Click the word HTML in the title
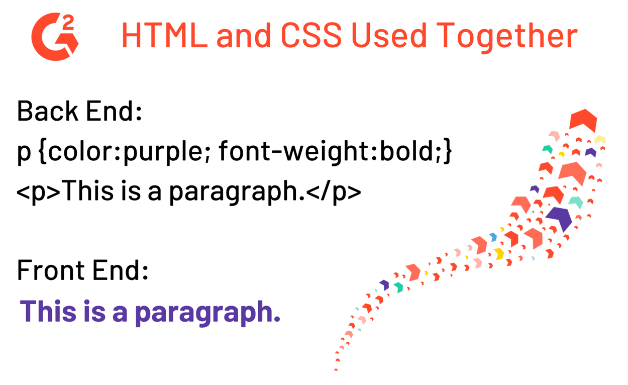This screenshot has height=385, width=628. [165, 36]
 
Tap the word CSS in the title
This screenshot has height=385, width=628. [311, 36]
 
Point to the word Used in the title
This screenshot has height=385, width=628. [389, 35]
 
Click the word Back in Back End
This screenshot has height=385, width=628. [48, 111]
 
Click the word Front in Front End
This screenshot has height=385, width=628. [51, 270]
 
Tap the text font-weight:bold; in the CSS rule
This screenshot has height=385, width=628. [330, 151]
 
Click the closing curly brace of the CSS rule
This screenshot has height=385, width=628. [447, 151]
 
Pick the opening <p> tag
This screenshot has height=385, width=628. [38, 191]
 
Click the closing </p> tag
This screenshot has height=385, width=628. [334, 191]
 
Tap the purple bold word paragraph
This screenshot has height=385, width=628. [208, 313]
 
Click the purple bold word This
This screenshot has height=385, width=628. [48, 311]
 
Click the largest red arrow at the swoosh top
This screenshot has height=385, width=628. [583, 120]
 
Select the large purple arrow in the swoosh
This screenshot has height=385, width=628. [559, 219]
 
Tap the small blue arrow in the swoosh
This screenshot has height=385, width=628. [493, 237]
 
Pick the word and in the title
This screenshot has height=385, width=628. [244, 36]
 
